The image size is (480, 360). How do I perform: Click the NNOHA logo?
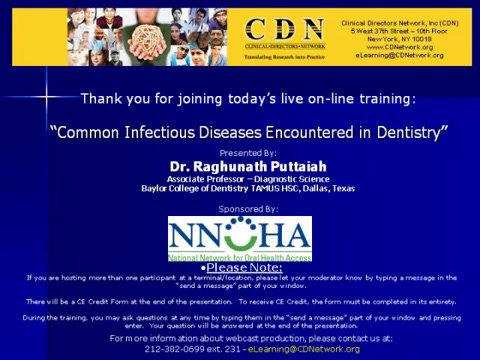(x=239, y=236)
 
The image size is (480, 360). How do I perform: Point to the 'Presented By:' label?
(x=240, y=153)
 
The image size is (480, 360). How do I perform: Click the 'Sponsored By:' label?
(x=239, y=209)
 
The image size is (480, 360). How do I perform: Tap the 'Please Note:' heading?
(x=240, y=267)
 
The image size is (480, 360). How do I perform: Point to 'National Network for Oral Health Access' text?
(x=239, y=256)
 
